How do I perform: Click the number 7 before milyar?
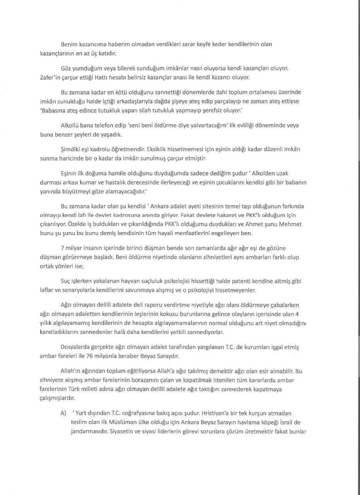[x=62, y=248]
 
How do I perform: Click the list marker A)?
[x=63, y=413]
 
